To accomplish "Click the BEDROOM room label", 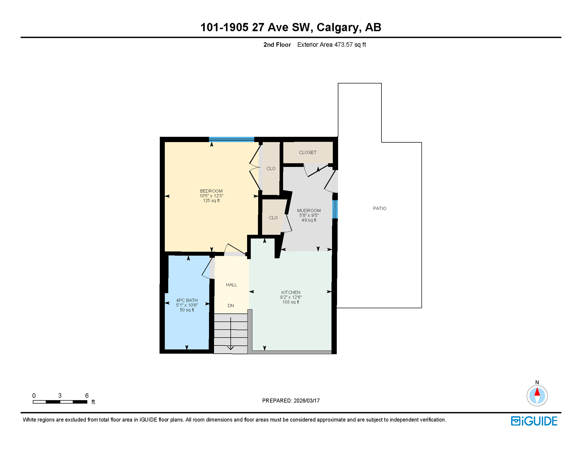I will click(211, 191).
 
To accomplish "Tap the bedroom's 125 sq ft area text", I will click(211, 201).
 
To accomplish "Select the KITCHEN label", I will click(290, 292).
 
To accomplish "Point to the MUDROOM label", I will click(309, 210).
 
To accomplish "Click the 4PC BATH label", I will click(187, 300).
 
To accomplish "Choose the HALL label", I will click(231, 285).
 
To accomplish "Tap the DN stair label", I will click(231, 306).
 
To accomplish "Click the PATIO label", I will click(379, 208).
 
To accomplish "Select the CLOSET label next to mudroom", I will click(307, 153).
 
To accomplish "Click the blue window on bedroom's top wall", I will click(231, 139).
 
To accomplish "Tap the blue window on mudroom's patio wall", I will click(335, 209).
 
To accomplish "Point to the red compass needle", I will click(537, 392).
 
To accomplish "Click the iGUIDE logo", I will click(534, 421).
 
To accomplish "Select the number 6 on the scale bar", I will click(87, 396).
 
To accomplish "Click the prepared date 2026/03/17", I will click(307, 400).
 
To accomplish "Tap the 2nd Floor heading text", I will click(277, 45).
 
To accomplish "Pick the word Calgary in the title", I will click(338, 27).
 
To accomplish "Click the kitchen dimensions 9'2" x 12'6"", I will click(290, 297).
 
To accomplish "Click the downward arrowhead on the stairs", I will click(231, 348).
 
